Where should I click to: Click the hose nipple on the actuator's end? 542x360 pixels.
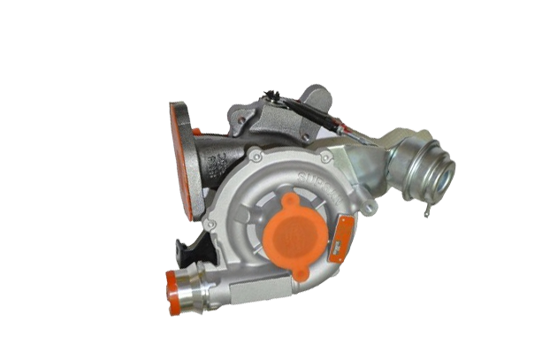449,172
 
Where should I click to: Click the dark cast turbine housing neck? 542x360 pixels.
221,150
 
